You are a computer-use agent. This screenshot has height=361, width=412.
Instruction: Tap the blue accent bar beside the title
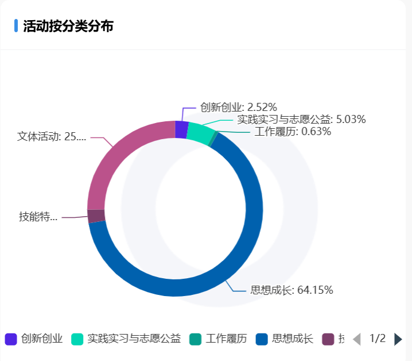coord(16,26)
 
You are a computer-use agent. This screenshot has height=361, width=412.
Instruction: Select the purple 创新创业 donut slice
coord(181,129)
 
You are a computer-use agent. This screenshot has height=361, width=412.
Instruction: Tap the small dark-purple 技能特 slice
coord(96,216)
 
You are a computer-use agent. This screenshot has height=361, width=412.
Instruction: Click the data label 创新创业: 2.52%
coord(239,107)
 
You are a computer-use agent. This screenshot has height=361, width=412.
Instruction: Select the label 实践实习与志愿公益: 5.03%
coord(301,120)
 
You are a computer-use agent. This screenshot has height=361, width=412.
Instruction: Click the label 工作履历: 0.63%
coord(293,132)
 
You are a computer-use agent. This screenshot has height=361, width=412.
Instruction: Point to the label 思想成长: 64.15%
coord(292,290)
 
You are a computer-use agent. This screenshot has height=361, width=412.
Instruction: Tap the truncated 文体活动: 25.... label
coord(52,136)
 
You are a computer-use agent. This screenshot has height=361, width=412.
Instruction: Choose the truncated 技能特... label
coord(38,217)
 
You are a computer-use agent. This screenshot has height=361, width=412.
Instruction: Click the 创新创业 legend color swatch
coord(10,339)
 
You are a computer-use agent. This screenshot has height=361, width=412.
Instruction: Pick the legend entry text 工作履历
coord(226,339)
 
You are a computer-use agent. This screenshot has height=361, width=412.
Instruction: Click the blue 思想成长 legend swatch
coord(262,339)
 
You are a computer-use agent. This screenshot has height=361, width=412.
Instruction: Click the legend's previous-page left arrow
coord(356,339)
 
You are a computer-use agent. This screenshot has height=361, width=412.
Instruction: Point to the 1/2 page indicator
coord(377,339)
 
